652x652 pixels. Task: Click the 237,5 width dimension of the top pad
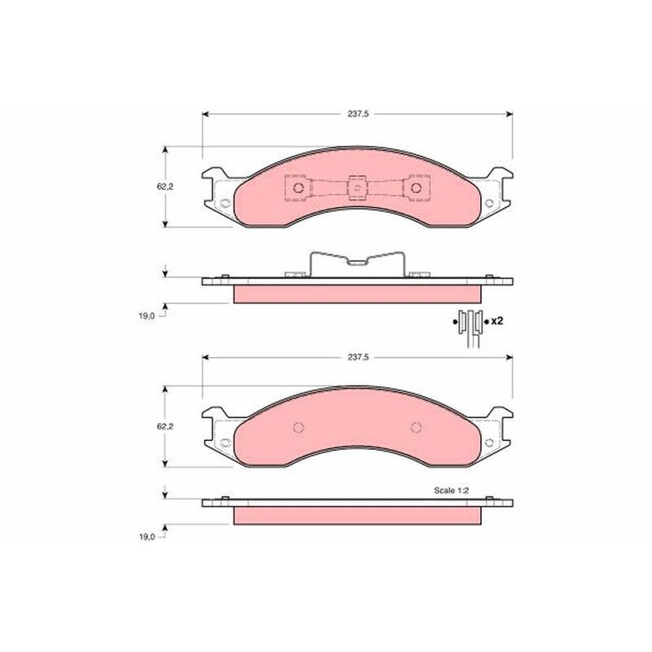point(358,114)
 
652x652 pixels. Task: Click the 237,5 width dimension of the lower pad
point(358,357)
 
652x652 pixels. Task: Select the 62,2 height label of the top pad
point(165,187)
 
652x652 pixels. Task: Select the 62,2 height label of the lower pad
point(165,426)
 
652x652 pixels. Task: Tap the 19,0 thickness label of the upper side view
point(147,315)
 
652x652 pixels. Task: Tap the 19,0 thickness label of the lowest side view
point(147,537)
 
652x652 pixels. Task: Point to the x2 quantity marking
point(497,321)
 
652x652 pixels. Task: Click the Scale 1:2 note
point(452,491)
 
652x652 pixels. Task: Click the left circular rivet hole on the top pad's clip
point(298,188)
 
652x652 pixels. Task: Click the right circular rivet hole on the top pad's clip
point(416,188)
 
